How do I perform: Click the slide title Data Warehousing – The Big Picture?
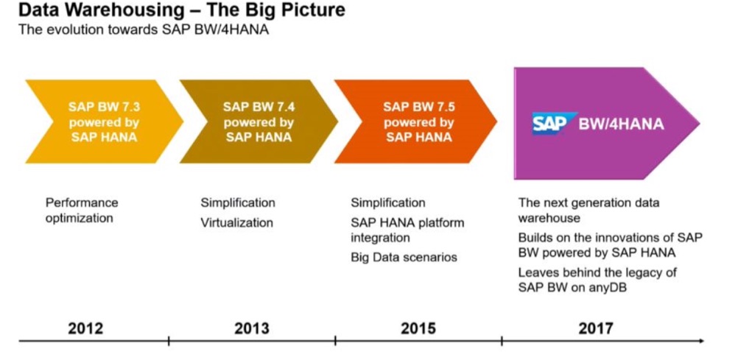pyautogui.click(x=180, y=12)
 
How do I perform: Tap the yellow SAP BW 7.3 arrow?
pyautogui.click(x=103, y=121)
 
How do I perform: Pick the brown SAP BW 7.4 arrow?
pyautogui.click(x=258, y=121)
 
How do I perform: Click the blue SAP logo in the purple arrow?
pyautogui.click(x=549, y=124)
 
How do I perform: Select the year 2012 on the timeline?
pyautogui.click(x=85, y=328)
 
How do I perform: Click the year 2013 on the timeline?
pyautogui.click(x=251, y=328)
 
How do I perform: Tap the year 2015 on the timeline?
pyautogui.click(x=418, y=328)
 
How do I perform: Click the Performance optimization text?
pyautogui.click(x=81, y=210)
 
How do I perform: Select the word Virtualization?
pyautogui.click(x=236, y=222)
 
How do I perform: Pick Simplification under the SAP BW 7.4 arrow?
pyautogui.click(x=238, y=202)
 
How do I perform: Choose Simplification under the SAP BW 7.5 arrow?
pyautogui.click(x=387, y=202)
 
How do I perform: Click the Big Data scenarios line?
pyautogui.click(x=404, y=257)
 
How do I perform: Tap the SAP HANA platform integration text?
pyautogui.click(x=407, y=230)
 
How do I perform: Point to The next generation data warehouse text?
pyautogui.click(x=588, y=210)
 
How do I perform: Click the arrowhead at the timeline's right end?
pyautogui.click(x=700, y=341)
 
